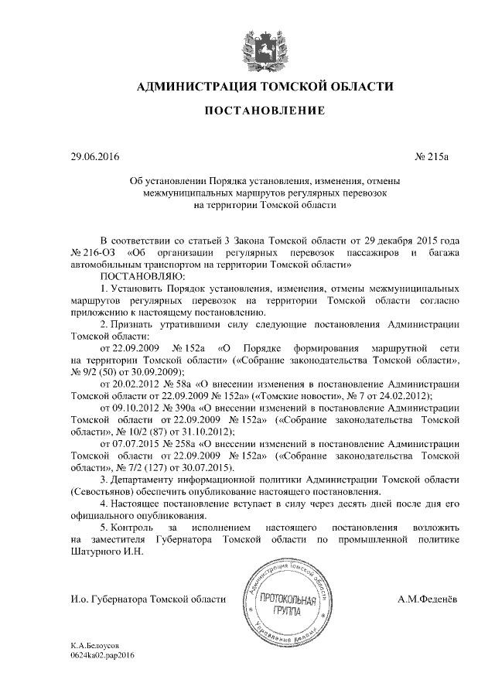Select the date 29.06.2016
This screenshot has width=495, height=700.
point(94,158)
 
